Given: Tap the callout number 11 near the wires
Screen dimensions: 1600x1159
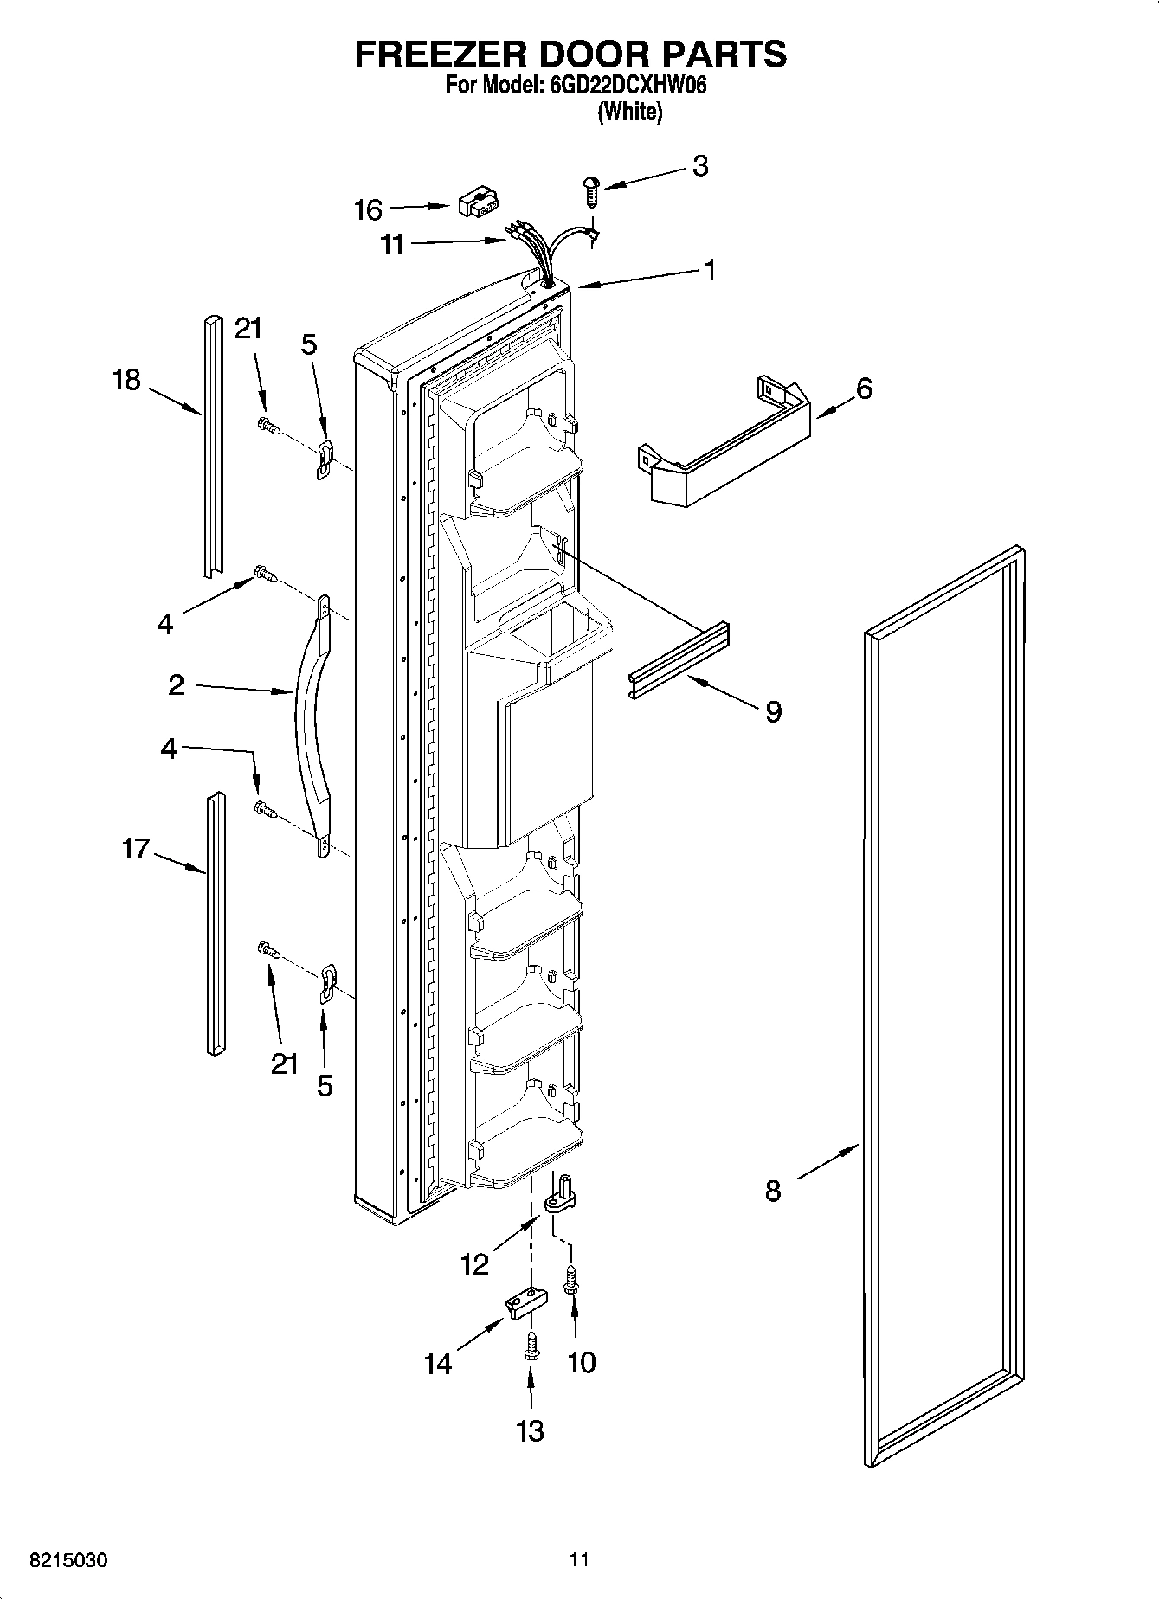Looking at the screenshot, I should point(392,246).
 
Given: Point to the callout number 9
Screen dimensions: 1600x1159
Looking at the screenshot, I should point(773,711).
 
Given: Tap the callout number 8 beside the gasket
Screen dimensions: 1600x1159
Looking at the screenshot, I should point(773,1191).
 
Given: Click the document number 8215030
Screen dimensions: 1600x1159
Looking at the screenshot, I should point(69,1560).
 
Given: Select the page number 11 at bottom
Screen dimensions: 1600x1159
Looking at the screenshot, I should point(579,1560).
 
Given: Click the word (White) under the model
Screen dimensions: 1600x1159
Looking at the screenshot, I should point(630,112).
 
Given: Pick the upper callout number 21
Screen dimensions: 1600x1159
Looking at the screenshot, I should point(248,329).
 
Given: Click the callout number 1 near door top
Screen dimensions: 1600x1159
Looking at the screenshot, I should point(710,271).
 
